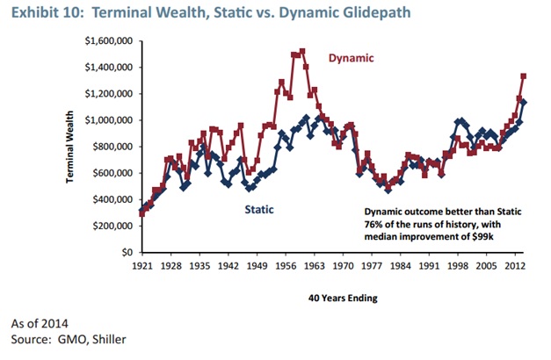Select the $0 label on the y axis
(127, 252)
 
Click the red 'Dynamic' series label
(351, 59)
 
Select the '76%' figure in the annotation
(374, 225)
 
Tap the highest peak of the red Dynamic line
(302, 52)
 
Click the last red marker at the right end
(525, 76)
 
